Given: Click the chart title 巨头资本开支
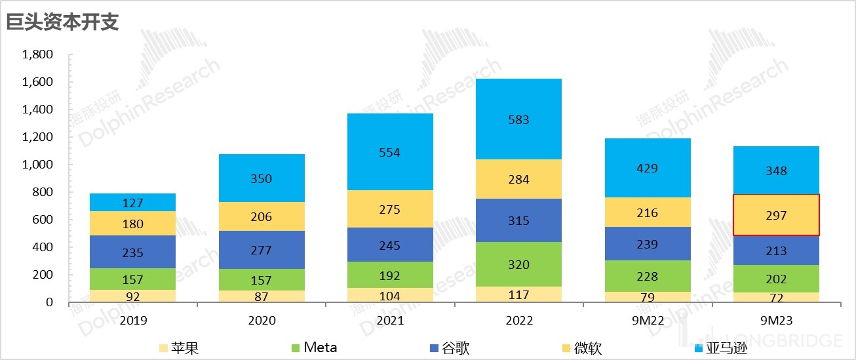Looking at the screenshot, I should [63, 22].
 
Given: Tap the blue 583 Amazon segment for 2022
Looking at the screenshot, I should [518, 119].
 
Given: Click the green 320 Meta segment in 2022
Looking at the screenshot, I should [518, 264].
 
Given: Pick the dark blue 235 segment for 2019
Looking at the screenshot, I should [132, 252].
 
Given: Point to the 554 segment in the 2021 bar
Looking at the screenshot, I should [390, 152].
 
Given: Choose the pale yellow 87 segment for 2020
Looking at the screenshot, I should [262, 296].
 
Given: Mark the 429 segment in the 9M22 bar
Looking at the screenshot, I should [647, 168].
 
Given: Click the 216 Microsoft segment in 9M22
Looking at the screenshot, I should [647, 212].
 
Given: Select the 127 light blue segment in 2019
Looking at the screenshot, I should [132, 203].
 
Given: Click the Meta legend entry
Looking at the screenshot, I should [313, 347].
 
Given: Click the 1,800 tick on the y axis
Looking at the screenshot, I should [37, 54].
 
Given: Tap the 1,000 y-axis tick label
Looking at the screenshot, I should [37, 165].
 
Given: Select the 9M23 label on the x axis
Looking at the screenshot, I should [776, 321].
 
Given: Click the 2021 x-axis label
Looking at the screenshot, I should [390, 321].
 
